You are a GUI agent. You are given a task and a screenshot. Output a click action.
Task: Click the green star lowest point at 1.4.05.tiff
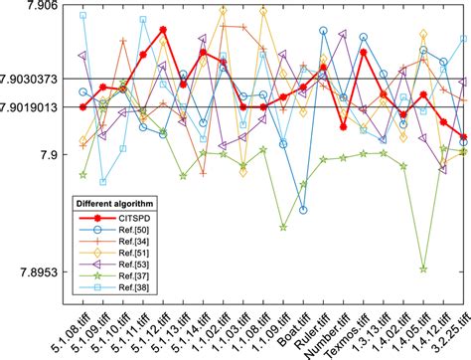[424, 269]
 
